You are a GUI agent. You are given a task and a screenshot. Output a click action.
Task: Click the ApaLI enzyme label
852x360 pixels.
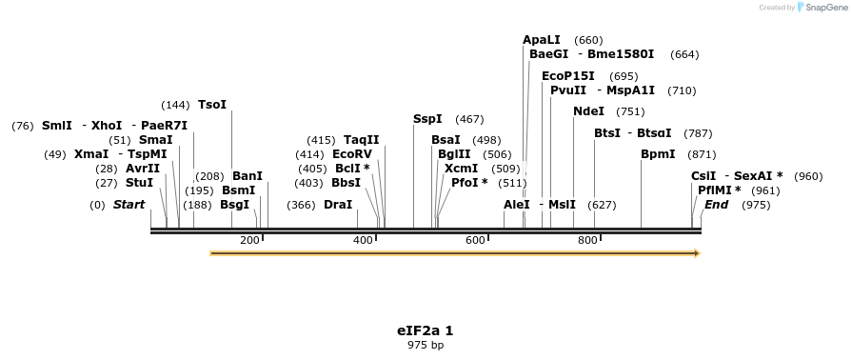pos(542,40)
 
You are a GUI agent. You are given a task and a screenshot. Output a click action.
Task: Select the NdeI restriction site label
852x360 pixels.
pos(588,111)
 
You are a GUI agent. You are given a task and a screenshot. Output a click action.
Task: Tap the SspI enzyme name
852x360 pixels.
pos(427,119)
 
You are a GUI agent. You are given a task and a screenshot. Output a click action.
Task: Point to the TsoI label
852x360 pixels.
pos(212,105)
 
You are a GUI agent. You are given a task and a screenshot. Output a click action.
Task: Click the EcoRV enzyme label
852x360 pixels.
pos(352,154)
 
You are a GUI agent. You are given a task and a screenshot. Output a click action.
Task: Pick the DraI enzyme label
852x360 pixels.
pos(338,205)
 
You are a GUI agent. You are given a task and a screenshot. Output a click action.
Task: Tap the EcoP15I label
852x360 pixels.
pos(568,76)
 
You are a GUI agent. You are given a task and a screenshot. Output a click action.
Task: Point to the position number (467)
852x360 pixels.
pos(469,119)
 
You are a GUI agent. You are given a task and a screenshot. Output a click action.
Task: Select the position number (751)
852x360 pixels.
pos(630,111)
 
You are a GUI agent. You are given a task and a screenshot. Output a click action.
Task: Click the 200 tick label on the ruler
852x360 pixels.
pos(250,241)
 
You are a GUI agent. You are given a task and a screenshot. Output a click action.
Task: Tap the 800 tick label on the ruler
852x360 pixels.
pos(587,241)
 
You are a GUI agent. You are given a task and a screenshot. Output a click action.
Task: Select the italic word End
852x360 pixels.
pos(716,205)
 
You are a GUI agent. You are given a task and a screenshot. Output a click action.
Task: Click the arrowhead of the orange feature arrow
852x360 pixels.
pos(697,253)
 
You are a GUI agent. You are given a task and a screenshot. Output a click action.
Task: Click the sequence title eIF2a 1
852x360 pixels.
pos(425,330)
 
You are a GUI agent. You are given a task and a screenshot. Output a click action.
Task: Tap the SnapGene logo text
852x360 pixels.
pos(824,8)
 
